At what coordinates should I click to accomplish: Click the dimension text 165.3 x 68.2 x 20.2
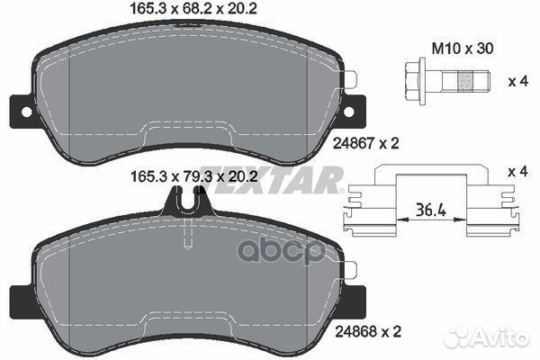point(193,9)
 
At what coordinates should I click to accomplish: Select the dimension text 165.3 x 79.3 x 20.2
point(194,177)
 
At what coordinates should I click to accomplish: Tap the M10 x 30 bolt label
point(463,49)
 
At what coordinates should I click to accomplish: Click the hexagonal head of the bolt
point(414,81)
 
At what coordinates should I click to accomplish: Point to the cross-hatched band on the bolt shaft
point(463,81)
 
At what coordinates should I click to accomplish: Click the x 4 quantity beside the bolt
point(518,81)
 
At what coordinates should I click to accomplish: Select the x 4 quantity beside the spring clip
point(517,172)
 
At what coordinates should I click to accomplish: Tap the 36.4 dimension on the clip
point(431,210)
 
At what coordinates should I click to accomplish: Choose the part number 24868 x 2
point(368,332)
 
